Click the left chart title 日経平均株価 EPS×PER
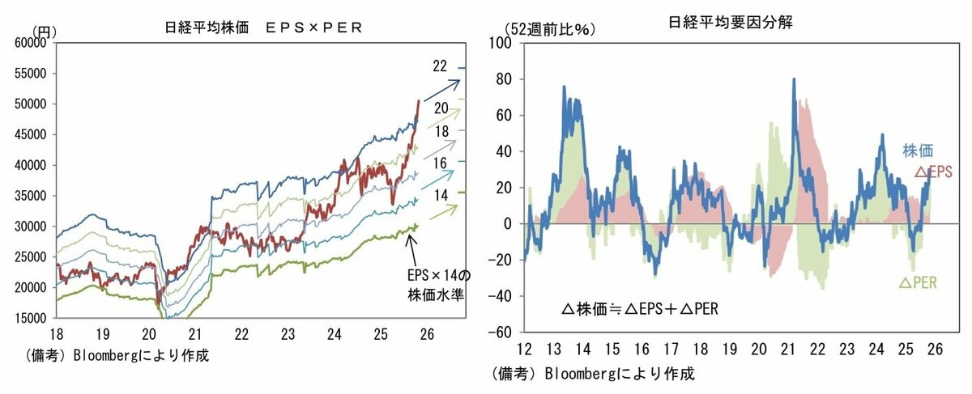click(x=261, y=27)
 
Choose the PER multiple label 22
click(x=441, y=66)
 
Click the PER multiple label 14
click(x=441, y=195)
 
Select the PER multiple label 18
click(x=441, y=132)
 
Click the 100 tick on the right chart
click(x=506, y=43)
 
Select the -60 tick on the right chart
click(x=505, y=333)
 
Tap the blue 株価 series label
click(x=918, y=150)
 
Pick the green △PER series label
click(x=919, y=283)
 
